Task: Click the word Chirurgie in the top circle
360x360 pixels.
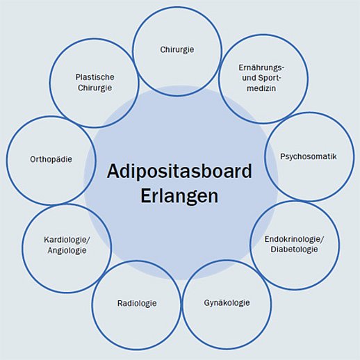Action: (x=177, y=50)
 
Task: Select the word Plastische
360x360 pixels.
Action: (x=95, y=77)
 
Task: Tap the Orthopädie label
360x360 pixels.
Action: (x=51, y=160)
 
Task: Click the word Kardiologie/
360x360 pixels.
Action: (x=67, y=240)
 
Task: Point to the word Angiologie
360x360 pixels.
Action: (x=67, y=251)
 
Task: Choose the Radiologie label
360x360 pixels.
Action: (x=137, y=303)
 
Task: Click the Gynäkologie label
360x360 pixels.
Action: (x=227, y=303)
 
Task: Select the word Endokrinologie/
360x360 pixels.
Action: (x=294, y=239)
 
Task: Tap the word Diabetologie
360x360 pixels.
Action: (x=294, y=249)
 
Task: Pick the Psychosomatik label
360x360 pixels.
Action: (x=309, y=156)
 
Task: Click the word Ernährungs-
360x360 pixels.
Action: (x=261, y=68)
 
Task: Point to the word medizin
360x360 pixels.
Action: (x=261, y=88)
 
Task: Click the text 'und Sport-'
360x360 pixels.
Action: (x=261, y=79)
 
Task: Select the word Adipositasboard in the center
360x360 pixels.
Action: (x=179, y=172)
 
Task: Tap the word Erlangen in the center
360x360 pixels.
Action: (x=179, y=196)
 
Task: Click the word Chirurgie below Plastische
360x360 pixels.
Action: (x=95, y=88)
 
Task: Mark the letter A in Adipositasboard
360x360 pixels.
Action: (x=113, y=171)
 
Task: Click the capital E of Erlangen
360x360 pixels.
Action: (x=145, y=196)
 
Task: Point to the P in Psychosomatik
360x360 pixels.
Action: (x=283, y=156)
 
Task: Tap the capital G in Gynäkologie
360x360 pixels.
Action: (x=207, y=302)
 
